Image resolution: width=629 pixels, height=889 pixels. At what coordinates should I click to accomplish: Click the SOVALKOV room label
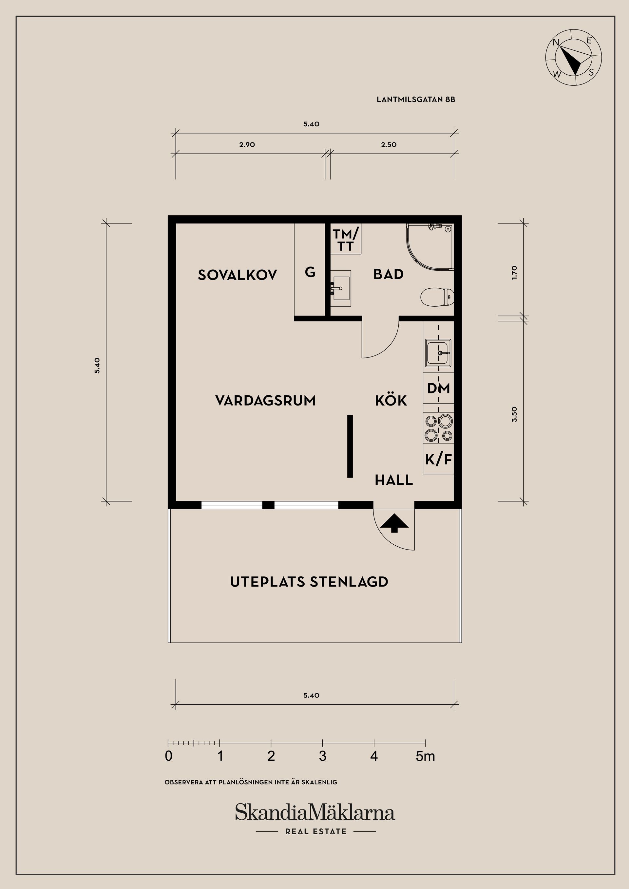click(237, 275)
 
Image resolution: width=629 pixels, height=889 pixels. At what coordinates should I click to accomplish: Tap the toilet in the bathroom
click(437, 297)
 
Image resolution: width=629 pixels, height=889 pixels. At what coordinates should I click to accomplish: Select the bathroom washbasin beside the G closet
click(341, 288)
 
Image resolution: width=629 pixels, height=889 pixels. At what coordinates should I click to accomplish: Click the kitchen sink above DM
click(438, 353)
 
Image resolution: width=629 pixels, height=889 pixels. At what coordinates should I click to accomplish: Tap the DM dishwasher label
click(438, 388)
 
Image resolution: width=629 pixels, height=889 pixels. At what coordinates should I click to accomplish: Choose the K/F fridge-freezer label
click(438, 459)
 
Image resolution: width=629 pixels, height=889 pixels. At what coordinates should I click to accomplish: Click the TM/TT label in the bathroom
click(346, 240)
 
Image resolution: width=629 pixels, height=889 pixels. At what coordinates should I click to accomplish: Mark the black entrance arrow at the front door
click(394, 523)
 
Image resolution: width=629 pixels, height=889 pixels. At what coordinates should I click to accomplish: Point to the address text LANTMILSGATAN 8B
click(416, 100)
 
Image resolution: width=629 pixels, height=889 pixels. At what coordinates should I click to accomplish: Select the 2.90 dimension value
click(247, 145)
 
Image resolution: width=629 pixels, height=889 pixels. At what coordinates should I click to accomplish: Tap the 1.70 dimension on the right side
click(514, 273)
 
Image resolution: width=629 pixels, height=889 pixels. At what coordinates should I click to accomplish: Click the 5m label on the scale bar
click(425, 756)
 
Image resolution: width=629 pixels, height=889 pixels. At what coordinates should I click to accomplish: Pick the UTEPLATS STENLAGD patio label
click(309, 582)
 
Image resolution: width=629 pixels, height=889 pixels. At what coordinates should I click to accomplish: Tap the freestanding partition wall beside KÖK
click(350, 446)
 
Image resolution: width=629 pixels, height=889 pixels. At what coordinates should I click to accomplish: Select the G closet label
click(310, 272)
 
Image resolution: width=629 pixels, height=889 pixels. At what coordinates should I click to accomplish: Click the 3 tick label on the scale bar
click(322, 756)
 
